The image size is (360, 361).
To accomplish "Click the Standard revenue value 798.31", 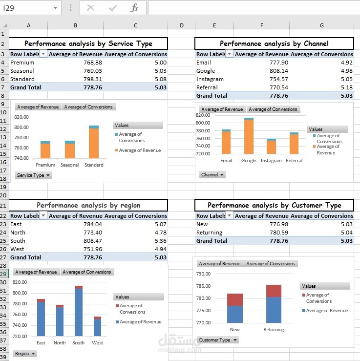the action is [x=92, y=79].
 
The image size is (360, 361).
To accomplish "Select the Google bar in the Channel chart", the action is [x=249, y=136].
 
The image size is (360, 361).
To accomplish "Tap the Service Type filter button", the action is [x=33, y=175].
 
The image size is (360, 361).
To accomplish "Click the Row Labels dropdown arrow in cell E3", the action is [x=229, y=54].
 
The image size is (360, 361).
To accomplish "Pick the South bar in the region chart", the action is [x=79, y=311].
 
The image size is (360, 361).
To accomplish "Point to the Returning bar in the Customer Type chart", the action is [x=274, y=304].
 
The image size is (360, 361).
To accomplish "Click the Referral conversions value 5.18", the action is [x=347, y=87].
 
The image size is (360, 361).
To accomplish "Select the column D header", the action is [x=182, y=25].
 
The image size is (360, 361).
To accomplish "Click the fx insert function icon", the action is [x=134, y=8].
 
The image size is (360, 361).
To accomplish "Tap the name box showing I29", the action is [x=30, y=8].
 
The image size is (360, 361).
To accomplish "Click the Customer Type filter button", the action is [x=218, y=340].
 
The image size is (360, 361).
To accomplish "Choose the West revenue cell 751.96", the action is [x=92, y=249].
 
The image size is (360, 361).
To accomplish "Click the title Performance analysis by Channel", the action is [x=274, y=43].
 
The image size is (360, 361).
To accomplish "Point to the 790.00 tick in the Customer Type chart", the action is [x=203, y=274].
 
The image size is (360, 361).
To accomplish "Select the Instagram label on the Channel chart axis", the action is [x=271, y=160].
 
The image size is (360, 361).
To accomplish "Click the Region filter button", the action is [x=25, y=353].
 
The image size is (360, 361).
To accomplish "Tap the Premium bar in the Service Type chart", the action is [x=45, y=149].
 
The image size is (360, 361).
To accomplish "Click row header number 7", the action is [x=3, y=87].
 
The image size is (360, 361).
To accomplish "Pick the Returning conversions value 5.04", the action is [x=347, y=233].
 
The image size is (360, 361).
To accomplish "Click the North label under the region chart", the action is [x=60, y=342].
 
